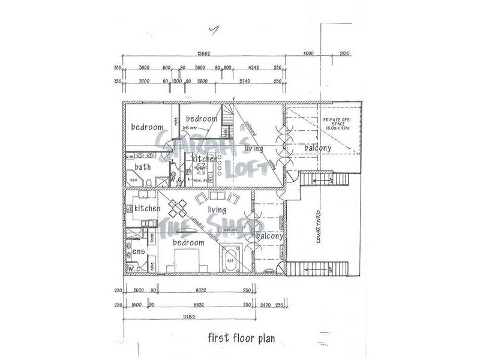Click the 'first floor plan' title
241,338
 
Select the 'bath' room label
143,167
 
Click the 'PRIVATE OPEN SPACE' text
337,123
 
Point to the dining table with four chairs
178,208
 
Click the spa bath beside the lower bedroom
232,260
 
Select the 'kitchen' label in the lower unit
148,208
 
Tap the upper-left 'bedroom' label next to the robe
148,127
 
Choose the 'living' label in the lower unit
217,210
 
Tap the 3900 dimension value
144,68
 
